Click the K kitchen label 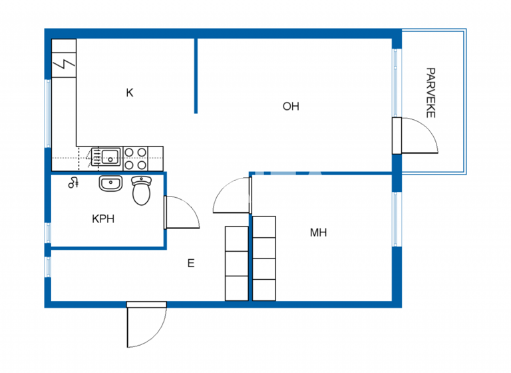tap(130, 93)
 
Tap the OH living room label tap(291, 106)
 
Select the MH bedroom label tap(318, 232)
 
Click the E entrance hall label tap(190, 264)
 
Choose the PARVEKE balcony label tap(430, 93)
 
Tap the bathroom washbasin tap(110, 183)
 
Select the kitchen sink tap(109, 157)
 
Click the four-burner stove tap(136, 158)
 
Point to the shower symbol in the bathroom tap(73, 183)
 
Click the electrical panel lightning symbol tap(65, 65)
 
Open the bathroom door tap(180, 213)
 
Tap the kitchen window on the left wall tap(47, 113)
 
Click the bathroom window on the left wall tap(47, 233)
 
